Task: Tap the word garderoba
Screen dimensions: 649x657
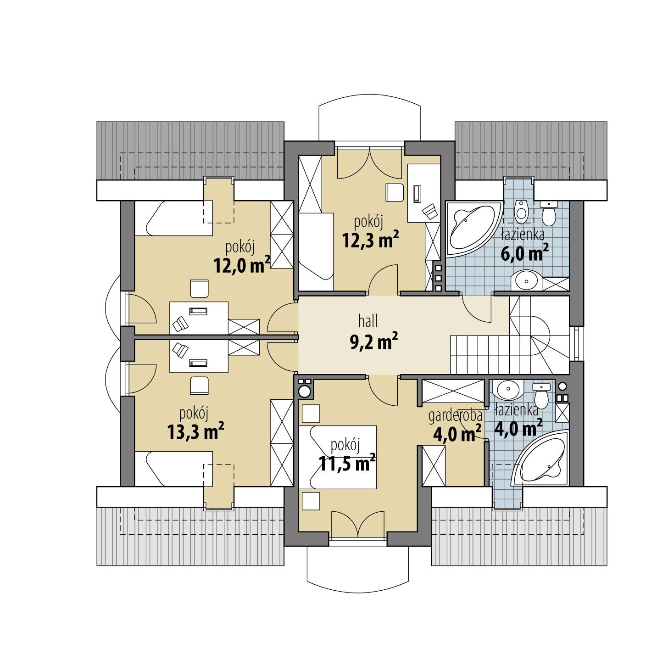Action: point(456,416)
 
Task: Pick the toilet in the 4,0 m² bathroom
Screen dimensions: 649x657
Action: point(541,395)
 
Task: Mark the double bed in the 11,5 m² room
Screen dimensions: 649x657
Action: point(338,457)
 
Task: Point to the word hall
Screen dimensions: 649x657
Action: point(368,321)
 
